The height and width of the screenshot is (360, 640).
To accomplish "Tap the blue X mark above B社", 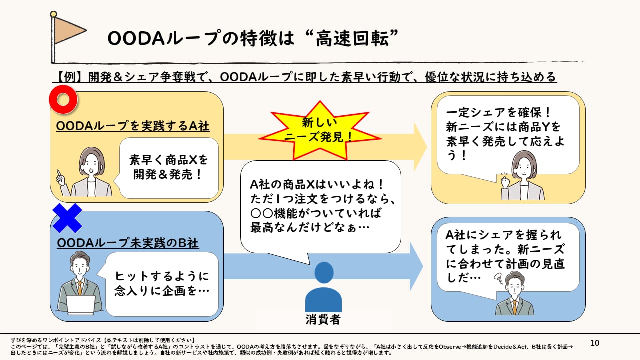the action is click(x=67, y=218).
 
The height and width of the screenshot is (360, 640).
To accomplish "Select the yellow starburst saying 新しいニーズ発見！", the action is click(x=320, y=130).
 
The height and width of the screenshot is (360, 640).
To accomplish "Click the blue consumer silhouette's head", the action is click(x=324, y=272).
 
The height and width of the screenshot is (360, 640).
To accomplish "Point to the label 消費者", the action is click(x=323, y=319).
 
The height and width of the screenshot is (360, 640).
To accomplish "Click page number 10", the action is click(x=595, y=343).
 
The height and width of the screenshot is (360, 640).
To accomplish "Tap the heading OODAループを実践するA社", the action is click(x=133, y=126).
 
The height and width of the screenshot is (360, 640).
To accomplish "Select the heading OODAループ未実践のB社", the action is click(x=128, y=243).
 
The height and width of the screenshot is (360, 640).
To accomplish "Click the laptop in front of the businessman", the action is click(x=81, y=305).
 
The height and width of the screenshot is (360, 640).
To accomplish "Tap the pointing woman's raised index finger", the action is click(x=59, y=173).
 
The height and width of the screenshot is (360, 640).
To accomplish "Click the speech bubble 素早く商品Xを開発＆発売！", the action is click(x=168, y=168).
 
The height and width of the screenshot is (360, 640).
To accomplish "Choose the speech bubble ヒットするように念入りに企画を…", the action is click(x=161, y=284).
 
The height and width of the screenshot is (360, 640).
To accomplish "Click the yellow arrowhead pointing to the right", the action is click(x=420, y=147).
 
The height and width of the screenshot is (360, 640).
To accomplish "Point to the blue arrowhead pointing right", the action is click(x=416, y=266).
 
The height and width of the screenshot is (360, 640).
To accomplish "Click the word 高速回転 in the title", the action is click(x=352, y=38).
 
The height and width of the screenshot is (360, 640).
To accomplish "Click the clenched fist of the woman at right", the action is click(x=505, y=182).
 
